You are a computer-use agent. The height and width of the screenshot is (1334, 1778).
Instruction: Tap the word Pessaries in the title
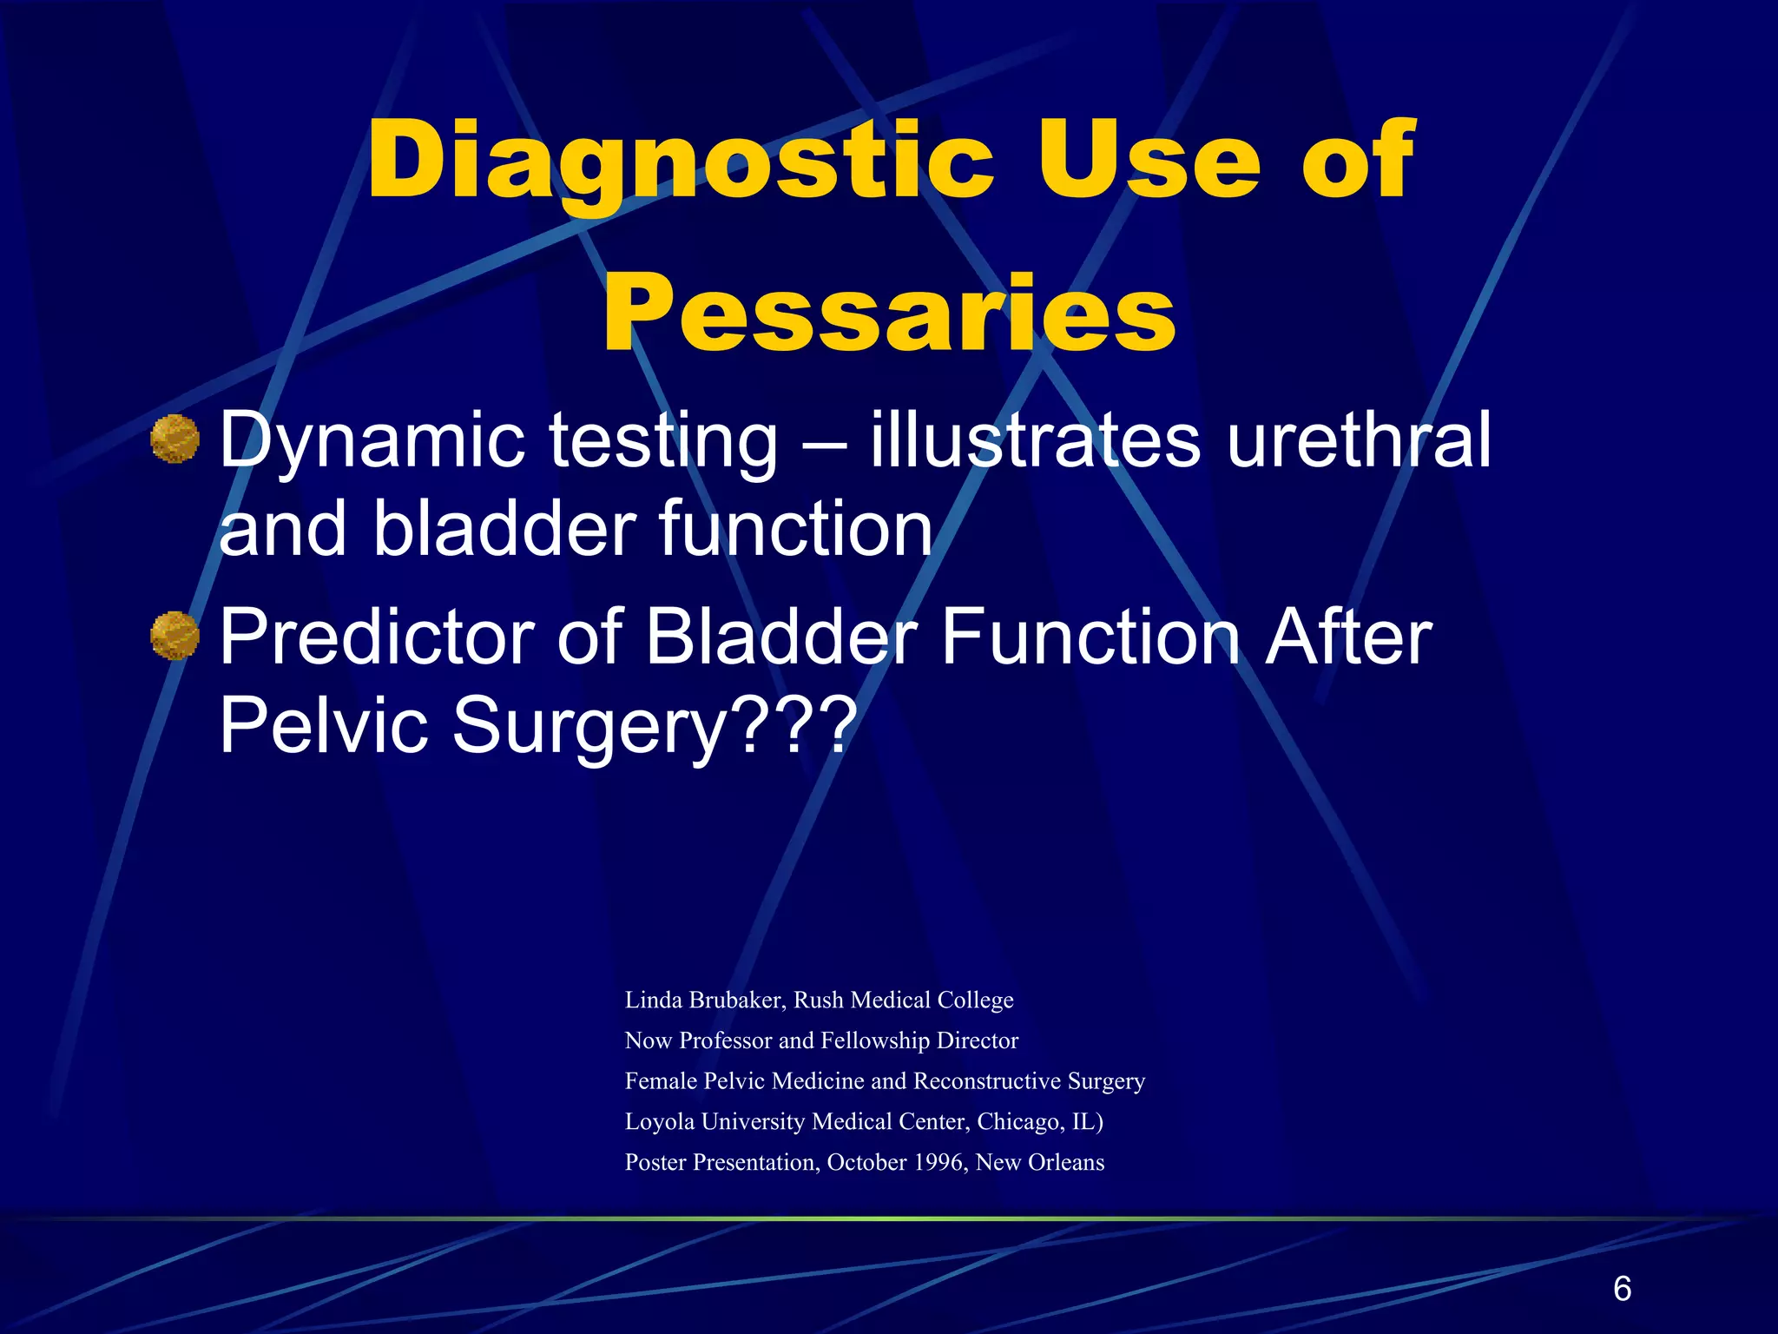click(889, 314)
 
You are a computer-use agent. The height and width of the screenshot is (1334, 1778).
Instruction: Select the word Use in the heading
click(1148, 162)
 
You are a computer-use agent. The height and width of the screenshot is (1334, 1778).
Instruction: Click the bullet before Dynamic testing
click(175, 439)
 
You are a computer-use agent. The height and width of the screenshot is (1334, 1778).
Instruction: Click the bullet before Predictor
click(175, 636)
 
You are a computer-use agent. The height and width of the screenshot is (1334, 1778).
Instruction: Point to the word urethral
click(1360, 440)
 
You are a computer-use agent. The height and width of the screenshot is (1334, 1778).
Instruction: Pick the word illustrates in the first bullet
click(1036, 440)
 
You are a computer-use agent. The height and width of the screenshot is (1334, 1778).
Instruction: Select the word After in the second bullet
click(1348, 637)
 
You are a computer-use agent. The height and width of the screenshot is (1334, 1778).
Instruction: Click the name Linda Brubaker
click(704, 1000)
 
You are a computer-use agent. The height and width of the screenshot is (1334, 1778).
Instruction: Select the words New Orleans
click(1039, 1163)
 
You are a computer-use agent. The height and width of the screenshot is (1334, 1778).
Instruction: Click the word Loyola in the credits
click(659, 1122)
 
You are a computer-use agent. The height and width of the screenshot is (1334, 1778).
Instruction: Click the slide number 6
click(1622, 1288)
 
